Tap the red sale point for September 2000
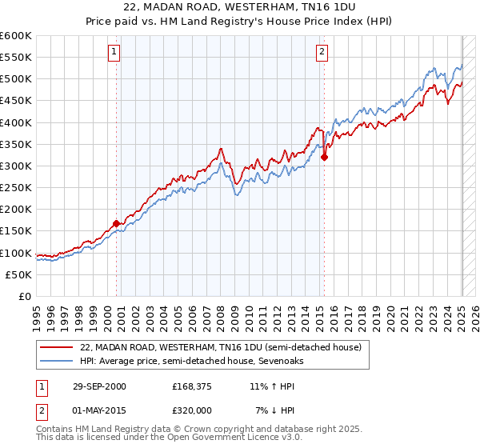[117, 223]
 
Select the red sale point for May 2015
[324, 158]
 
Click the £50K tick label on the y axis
[19, 274]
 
